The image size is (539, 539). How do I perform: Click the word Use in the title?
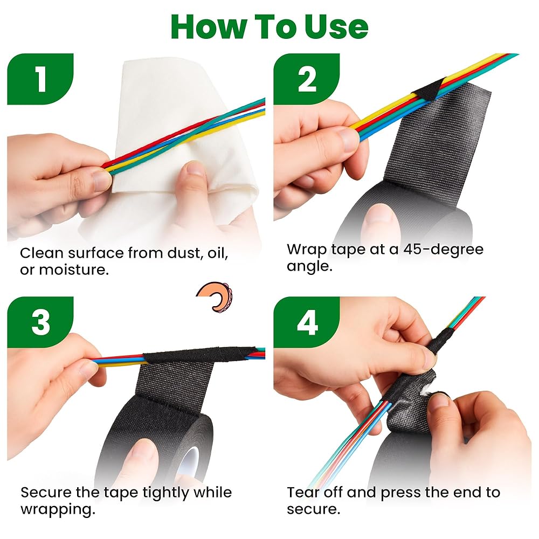(x=336, y=27)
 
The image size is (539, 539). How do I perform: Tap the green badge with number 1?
(x=40, y=79)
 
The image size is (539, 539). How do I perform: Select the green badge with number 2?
(x=306, y=79)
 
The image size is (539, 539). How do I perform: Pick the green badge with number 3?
(x=40, y=322)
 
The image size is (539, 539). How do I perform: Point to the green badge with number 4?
(x=306, y=322)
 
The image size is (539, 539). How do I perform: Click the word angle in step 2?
(x=309, y=266)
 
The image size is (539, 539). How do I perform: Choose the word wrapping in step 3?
(x=58, y=509)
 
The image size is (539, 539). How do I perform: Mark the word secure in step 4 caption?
(x=313, y=509)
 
